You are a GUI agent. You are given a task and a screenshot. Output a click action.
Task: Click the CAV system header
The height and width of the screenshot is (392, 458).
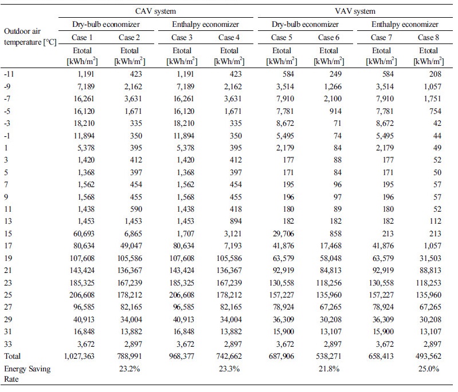[x=155, y=11]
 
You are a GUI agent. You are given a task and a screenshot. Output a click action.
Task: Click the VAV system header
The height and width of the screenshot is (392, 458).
[x=355, y=11]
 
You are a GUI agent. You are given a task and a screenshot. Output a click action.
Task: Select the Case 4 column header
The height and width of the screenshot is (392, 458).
[x=229, y=37]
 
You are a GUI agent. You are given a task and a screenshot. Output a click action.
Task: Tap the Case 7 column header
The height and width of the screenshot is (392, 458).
[x=381, y=37]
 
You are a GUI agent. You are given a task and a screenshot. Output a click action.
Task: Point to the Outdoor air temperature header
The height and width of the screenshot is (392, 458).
[x=30, y=37]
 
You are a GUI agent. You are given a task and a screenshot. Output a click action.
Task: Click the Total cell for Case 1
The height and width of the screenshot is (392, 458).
[x=79, y=356]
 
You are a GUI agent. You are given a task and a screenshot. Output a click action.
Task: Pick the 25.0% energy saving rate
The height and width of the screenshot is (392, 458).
[x=429, y=369]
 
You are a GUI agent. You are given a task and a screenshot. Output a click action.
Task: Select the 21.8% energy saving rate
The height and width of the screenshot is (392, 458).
[x=329, y=369]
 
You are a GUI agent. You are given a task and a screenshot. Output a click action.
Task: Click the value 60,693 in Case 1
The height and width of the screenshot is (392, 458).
[x=84, y=233]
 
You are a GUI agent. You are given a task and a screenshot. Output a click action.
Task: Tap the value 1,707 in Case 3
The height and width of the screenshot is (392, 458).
[x=186, y=233]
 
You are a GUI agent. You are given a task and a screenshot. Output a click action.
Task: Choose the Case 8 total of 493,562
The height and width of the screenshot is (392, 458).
[x=429, y=356]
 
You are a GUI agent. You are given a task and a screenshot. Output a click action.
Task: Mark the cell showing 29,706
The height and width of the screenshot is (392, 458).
[x=283, y=233]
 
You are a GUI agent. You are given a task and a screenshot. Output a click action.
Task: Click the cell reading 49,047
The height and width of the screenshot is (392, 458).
[x=131, y=246]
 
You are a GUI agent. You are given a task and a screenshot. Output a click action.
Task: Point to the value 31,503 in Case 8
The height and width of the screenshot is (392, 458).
[x=430, y=258]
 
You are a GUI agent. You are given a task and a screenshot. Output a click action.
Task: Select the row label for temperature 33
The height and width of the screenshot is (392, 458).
[x=8, y=344]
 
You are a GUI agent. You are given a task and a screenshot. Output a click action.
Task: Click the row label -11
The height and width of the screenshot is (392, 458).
[x=9, y=74]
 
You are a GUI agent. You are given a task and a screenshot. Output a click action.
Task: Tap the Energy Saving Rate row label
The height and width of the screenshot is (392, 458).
[x=27, y=374]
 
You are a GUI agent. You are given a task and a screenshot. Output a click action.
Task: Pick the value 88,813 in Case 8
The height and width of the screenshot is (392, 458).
[x=430, y=270]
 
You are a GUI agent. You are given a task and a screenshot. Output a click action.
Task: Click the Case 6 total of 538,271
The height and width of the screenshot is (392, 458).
[x=329, y=356]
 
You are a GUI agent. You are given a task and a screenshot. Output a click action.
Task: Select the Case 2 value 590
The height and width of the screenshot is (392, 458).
[x=136, y=209]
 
